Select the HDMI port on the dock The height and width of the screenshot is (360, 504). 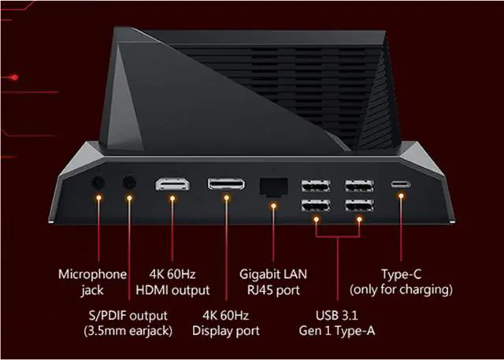pyautogui.click(x=172, y=184)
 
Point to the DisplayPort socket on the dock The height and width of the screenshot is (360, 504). pyautogui.click(x=225, y=184)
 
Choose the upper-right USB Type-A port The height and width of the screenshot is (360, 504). pyautogui.click(x=358, y=187)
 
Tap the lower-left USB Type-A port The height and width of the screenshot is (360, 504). pyautogui.click(x=316, y=208)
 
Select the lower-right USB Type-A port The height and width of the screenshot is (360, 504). pyautogui.click(x=358, y=208)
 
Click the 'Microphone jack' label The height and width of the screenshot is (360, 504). pyautogui.click(x=93, y=282)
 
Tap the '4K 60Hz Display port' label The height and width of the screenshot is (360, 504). pyautogui.click(x=225, y=323)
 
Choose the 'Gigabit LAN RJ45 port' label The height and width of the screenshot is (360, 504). pyautogui.click(x=273, y=282)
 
